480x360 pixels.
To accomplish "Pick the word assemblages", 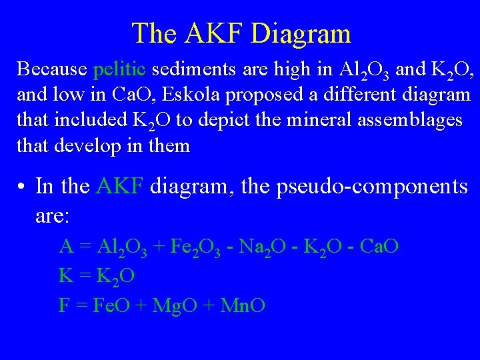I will tap(411, 120).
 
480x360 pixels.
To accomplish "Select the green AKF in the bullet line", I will tap(120, 185).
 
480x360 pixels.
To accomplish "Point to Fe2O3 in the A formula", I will tap(191, 247).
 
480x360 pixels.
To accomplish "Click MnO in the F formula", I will tap(243, 305).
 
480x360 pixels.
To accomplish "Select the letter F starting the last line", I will tap(64, 305).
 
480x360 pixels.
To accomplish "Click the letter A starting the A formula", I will tap(65, 247).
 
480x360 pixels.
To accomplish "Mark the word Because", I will tap(52, 69).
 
